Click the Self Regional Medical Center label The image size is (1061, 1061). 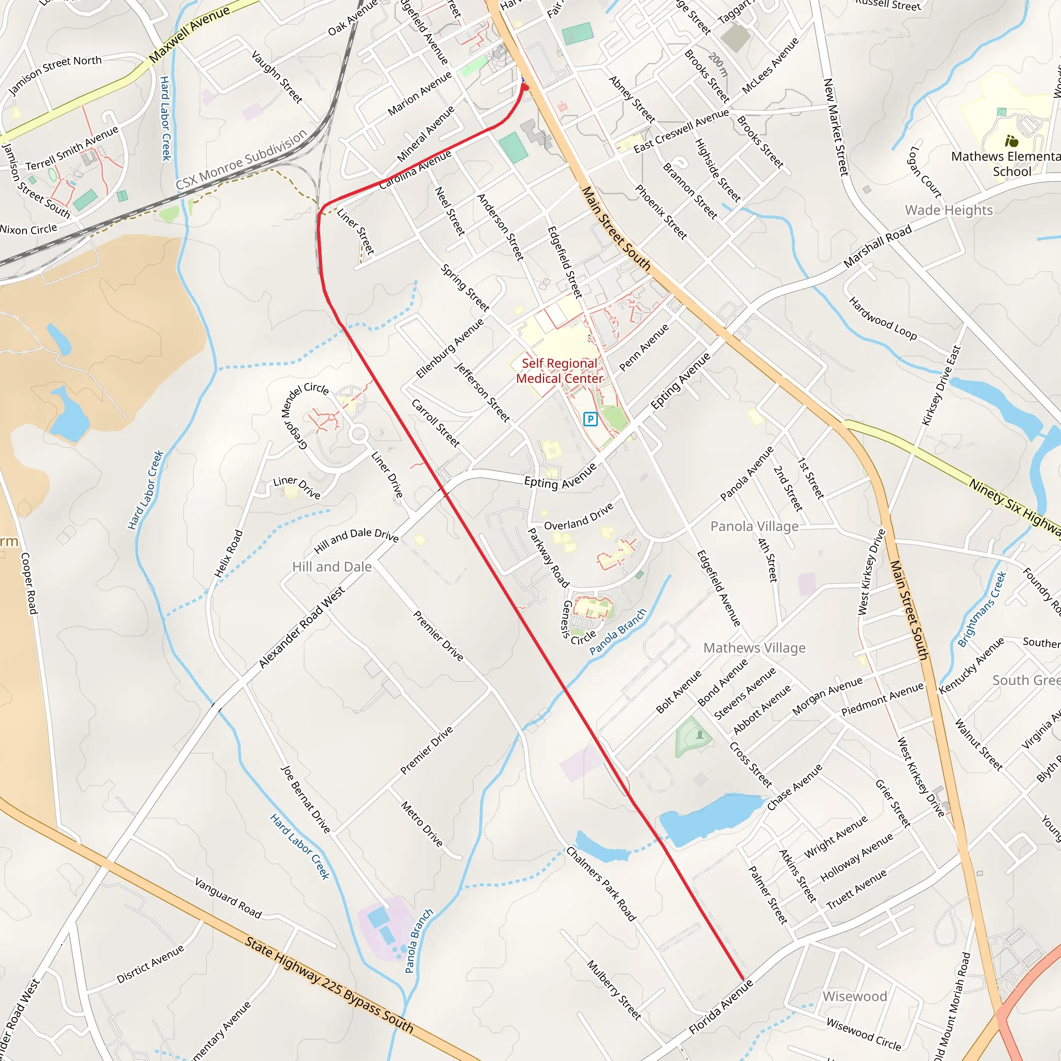click(x=559, y=371)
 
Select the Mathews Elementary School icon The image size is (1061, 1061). click(x=1011, y=141)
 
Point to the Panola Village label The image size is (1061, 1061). click(x=754, y=526)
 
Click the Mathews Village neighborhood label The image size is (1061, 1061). click(x=754, y=648)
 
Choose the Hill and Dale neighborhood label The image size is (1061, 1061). click(x=332, y=567)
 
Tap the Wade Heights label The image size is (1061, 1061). click(x=949, y=210)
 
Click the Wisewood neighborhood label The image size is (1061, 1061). click(x=854, y=996)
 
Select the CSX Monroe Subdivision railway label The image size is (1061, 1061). click(x=241, y=160)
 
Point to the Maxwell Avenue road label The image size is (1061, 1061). click(x=189, y=34)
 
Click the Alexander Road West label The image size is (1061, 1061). click(x=302, y=627)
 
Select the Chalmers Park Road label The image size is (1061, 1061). click(x=601, y=884)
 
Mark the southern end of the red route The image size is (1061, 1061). click(x=743, y=979)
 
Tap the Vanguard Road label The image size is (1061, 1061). click(x=228, y=898)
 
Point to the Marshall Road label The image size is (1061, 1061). click(x=877, y=246)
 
